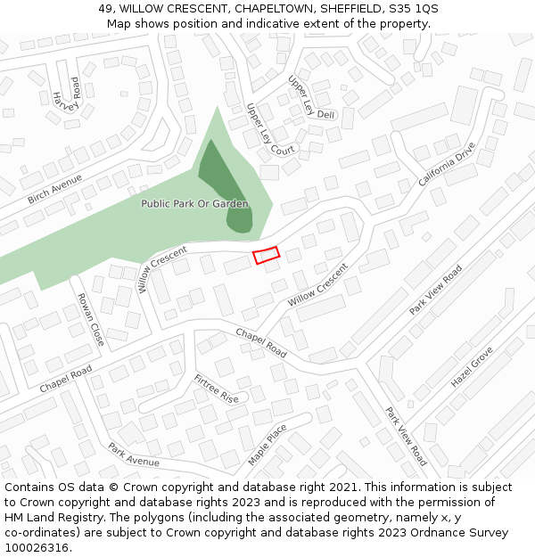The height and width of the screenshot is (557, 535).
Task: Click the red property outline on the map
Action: tap(266, 256)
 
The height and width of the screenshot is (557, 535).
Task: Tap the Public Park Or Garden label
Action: tap(194, 204)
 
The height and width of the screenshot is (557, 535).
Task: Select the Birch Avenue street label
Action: tap(54, 188)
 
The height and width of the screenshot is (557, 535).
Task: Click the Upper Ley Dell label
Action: tap(310, 97)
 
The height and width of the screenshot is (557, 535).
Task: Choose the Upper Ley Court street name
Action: tap(270, 129)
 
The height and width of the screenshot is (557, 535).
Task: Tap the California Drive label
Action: tap(448, 163)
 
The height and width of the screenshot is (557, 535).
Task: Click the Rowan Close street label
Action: tap(91, 319)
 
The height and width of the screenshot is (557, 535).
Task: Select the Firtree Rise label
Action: tap(217, 388)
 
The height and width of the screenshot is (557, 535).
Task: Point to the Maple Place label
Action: tap(267, 444)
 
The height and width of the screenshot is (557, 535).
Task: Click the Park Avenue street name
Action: tap(134, 455)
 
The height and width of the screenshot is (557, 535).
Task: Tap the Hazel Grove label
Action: tap(472, 366)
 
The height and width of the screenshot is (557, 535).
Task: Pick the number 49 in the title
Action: tap(105, 9)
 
